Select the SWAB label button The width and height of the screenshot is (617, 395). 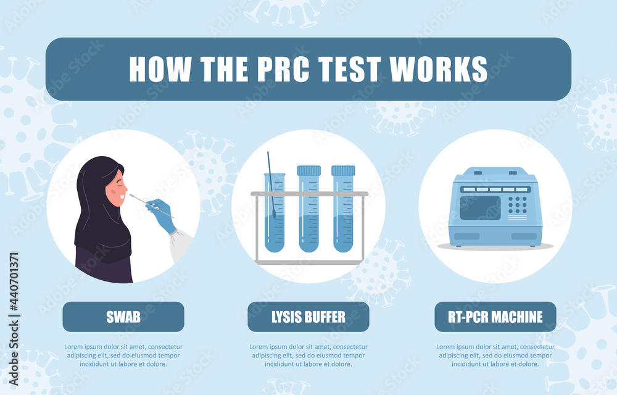123,317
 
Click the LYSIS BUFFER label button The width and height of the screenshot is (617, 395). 308,317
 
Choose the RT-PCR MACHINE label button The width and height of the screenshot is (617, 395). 496,317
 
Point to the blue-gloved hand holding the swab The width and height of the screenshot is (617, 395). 162,214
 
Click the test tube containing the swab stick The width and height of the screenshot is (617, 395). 275,216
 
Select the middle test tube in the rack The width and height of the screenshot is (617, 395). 308,213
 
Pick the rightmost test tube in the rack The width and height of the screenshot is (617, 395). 343,213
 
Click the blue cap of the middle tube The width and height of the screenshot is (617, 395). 308,170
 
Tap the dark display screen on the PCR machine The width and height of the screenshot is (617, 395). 480,207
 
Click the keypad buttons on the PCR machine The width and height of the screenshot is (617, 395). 517,204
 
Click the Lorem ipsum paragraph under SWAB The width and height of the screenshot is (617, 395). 123,355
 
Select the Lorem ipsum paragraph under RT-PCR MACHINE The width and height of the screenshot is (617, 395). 496,355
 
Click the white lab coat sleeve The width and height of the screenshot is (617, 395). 180,244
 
